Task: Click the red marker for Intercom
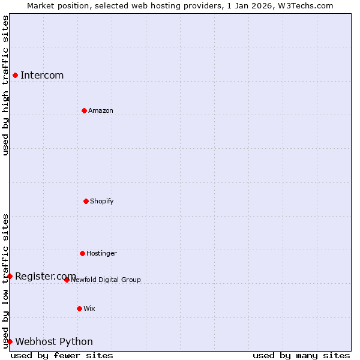tap(15, 75)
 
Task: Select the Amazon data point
tap(84, 110)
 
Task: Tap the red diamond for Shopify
tap(86, 201)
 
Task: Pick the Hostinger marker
tap(82, 253)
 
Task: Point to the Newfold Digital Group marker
tap(67, 280)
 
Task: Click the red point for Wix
tap(79, 308)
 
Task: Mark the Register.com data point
tap(10, 276)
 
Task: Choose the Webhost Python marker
tap(10, 341)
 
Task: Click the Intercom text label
tap(42, 76)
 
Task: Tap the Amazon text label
tap(101, 111)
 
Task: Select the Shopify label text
tap(102, 202)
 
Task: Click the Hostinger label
tap(101, 254)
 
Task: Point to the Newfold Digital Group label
tap(106, 280)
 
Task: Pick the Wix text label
tap(89, 309)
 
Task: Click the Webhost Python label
tap(54, 342)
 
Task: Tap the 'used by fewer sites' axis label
tap(62, 355)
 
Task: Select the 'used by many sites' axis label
tap(301, 355)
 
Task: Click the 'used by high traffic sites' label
tap(5, 85)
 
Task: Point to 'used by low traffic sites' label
tap(5, 281)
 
